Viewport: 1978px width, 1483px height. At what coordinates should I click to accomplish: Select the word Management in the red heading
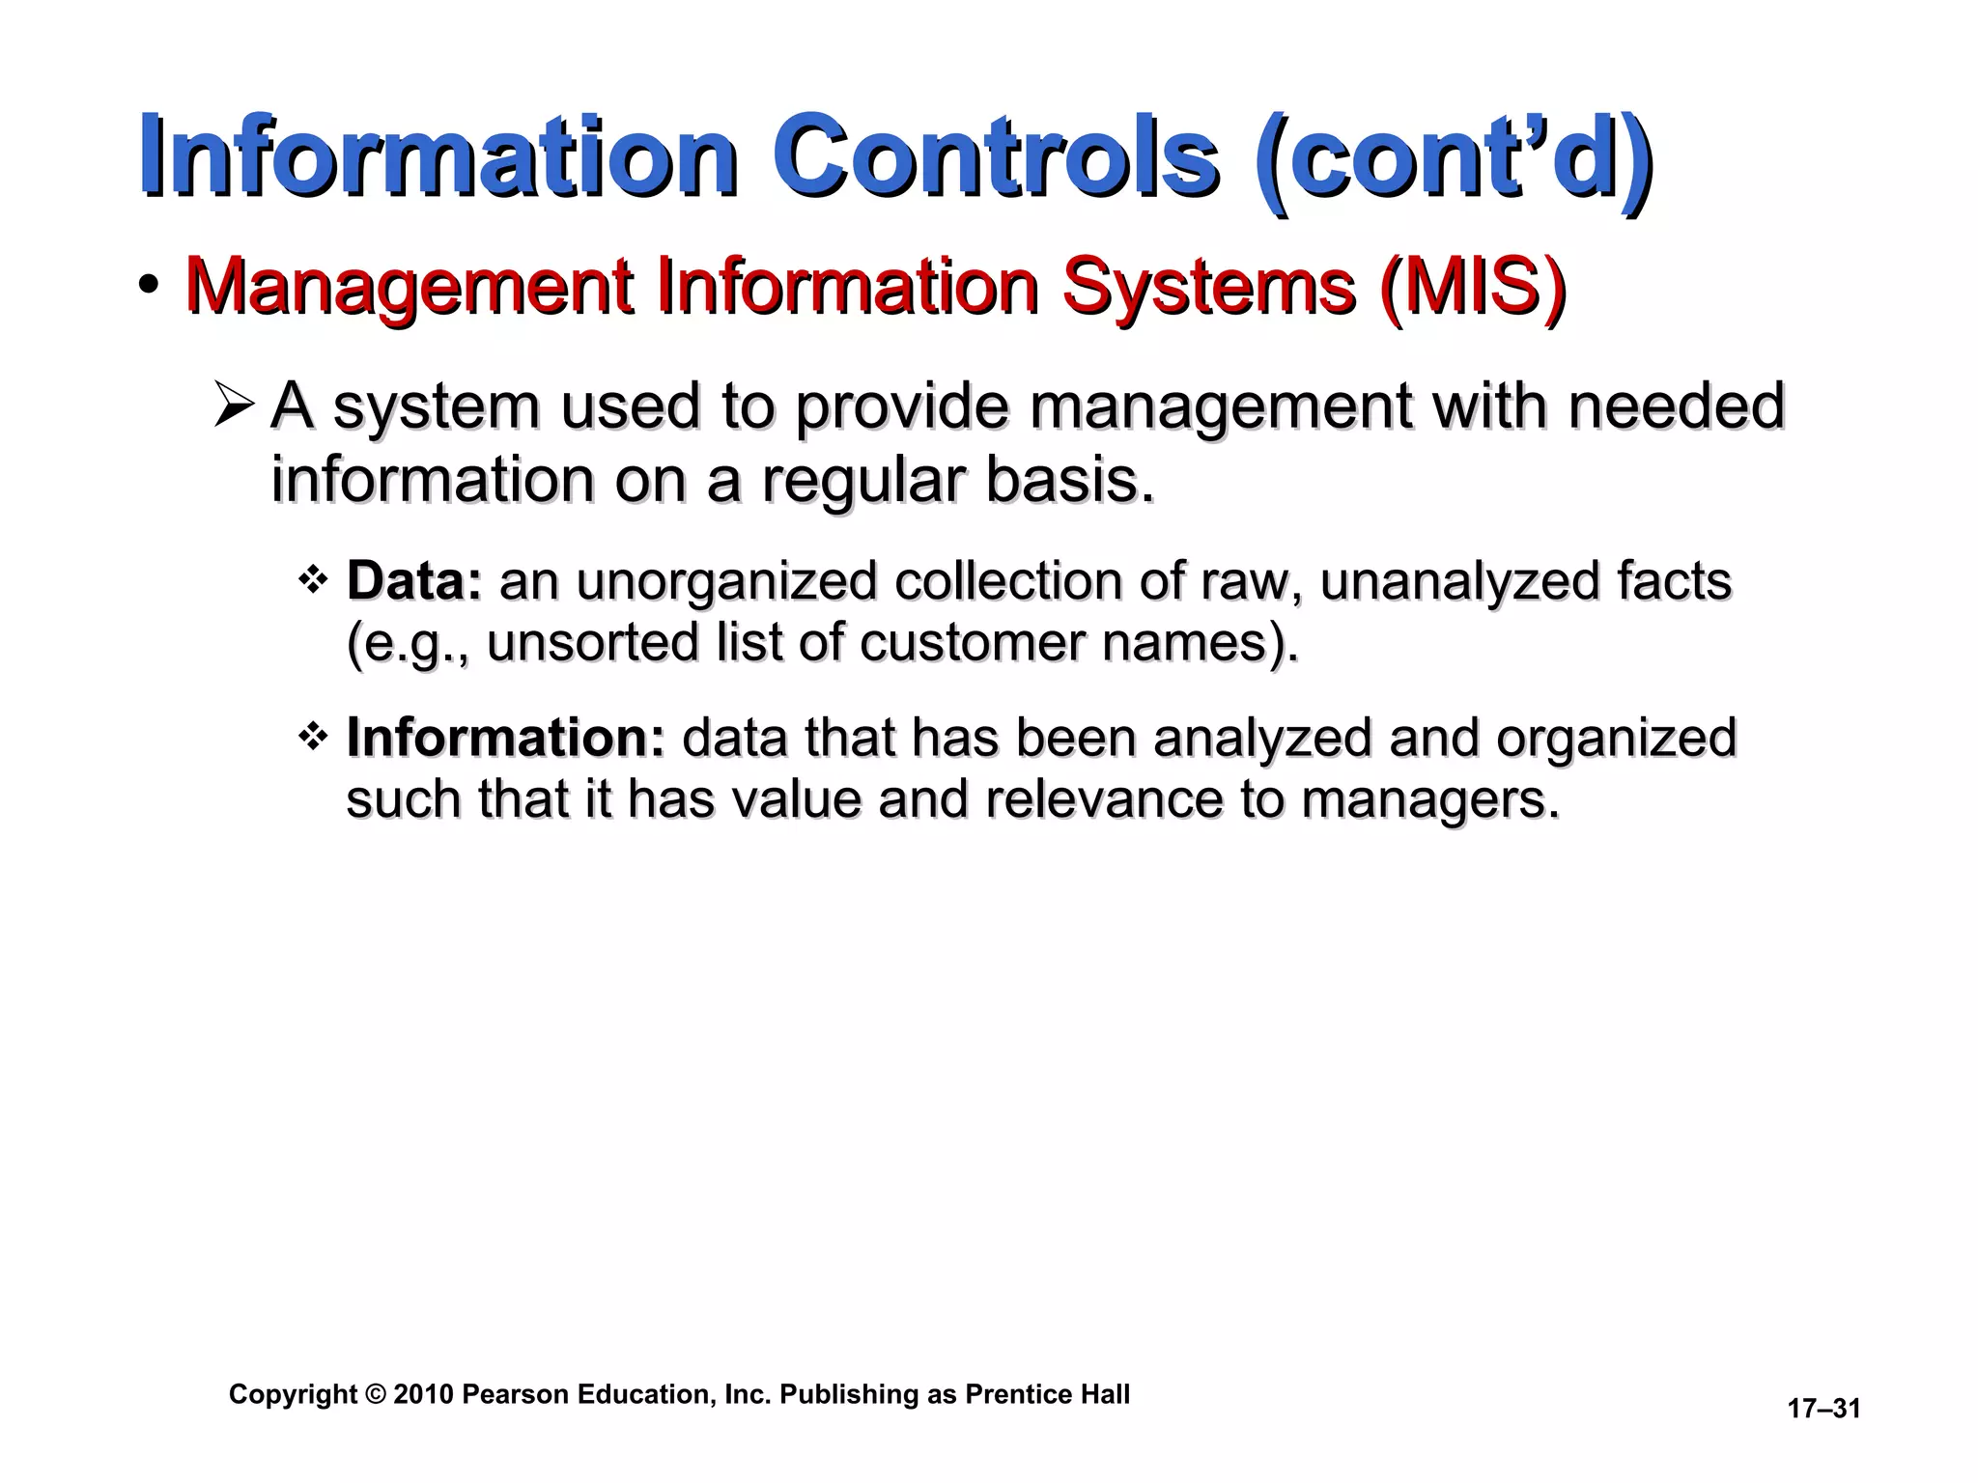(x=409, y=287)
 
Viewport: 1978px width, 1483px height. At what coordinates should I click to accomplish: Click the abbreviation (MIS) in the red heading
(x=1473, y=287)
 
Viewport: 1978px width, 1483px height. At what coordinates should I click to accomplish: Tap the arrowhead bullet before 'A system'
(x=234, y=406)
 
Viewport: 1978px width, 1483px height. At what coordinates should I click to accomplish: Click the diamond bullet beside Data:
(x=313, y=580)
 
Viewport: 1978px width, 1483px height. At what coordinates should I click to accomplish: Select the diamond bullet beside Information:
(x=313, y=738)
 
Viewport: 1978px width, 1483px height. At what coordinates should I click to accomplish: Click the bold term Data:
(x=414, y=581)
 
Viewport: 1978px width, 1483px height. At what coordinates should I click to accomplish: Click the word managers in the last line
(x=1429, y=799)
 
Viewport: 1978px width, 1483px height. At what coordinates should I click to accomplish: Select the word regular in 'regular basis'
(x=863, y=480)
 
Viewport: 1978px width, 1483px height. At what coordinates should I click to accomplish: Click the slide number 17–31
(x=1823, y=1409)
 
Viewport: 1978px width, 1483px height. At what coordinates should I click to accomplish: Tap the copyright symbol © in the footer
(x=376, y=1394)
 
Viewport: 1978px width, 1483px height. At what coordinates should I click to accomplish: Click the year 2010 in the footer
(x=423, y=1394)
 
